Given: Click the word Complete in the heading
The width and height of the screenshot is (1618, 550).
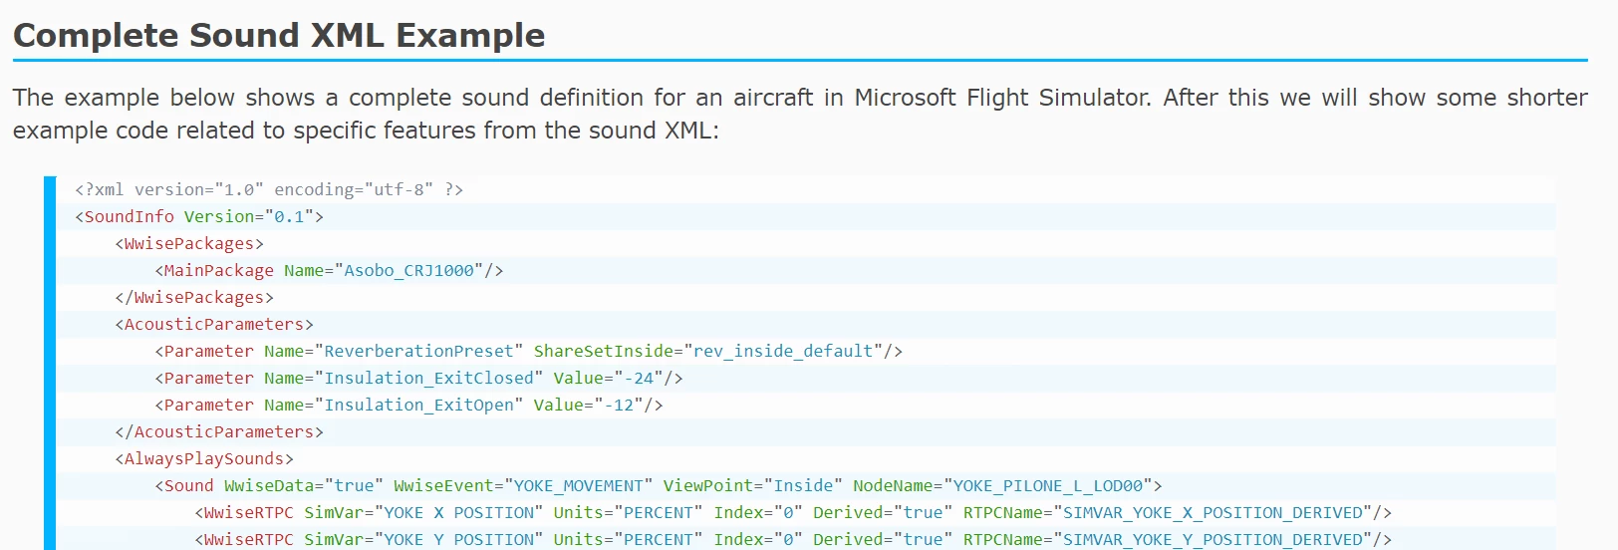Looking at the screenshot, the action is [x=96, y=36].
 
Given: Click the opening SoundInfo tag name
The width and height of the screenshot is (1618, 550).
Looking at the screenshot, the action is [x=130, y=216].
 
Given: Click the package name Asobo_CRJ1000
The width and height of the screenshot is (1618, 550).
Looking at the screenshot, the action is [x=408, y=270].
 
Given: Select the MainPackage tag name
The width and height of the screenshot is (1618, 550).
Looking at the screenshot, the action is [x=219, y=270].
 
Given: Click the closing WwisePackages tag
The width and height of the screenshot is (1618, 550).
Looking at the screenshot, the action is [x=194, y=297].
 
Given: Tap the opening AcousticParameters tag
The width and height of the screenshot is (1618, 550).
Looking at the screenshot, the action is [x=214, y=324].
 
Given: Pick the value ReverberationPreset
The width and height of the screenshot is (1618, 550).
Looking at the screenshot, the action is [x=418, y=351].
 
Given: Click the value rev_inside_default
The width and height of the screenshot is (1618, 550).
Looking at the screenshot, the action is [x=783, y=351].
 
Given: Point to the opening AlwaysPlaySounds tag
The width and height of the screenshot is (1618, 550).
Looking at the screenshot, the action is [x=204, y=458].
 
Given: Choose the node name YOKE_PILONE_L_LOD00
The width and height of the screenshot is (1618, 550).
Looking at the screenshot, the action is [x=1048, y=485].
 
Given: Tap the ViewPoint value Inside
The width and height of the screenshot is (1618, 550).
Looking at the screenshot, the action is [x=803, y=485].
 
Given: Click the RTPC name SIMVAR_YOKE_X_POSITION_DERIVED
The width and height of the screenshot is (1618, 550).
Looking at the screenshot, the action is [x=1213, y=512].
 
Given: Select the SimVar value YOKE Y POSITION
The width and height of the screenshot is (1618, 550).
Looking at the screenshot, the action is [x=463, y=539].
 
